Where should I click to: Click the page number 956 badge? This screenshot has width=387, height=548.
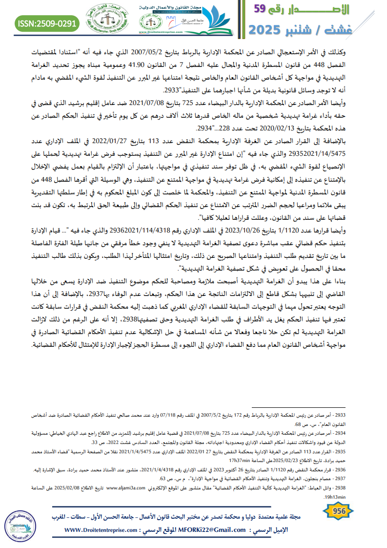339,510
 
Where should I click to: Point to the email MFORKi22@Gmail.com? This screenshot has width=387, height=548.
216,530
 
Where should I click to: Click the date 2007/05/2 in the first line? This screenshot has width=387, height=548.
166,50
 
